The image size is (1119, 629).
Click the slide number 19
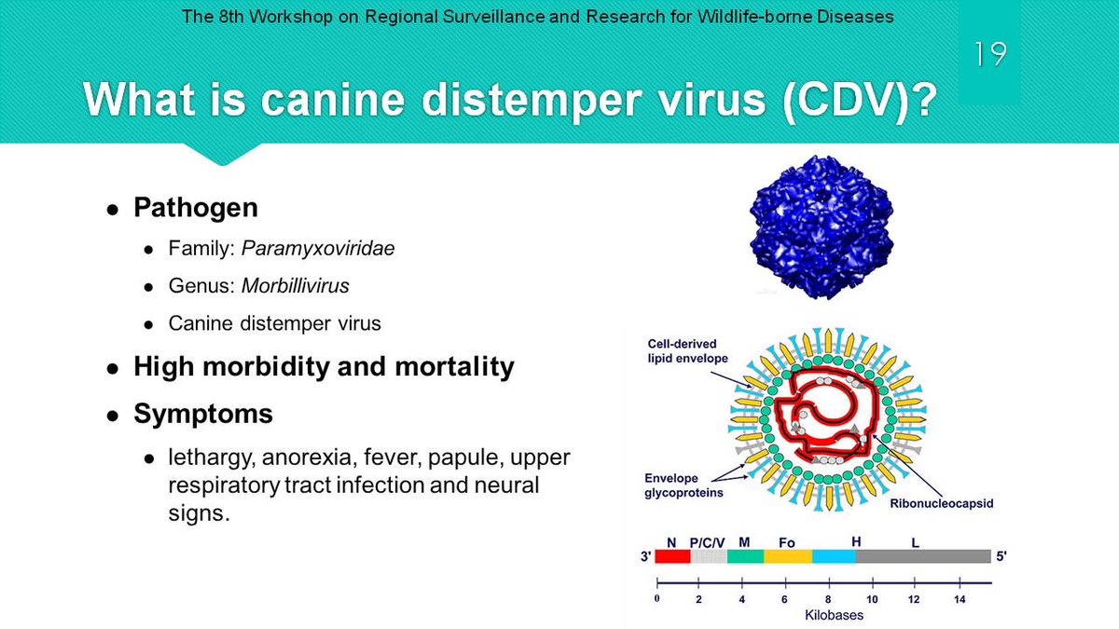coord(990,54)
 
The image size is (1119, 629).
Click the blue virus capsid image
coord(822,227)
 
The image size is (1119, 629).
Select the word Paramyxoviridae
coord(318,248)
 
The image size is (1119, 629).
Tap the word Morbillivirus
coord(296,285)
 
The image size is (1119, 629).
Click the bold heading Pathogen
coord(196,207)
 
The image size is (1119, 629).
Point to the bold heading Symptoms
coord(203,414)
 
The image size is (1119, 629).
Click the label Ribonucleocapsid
coord(942,503)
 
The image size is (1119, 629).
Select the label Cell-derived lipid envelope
coord(688,351)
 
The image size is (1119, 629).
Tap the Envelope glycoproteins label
coord(684,485)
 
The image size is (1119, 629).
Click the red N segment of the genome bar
coord(672,556)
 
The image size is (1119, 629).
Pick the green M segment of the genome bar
coord(745,556)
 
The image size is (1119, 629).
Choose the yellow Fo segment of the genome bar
coord(788,556)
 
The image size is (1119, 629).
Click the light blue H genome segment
coord(835,556)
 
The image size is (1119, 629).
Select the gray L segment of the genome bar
coord(924,556)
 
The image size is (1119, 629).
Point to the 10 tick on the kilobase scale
coord(873,582)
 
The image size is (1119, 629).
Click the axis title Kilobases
coord(834,615)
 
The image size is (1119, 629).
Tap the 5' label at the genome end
coord(1002,556)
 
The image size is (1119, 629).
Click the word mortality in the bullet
coord(455,366)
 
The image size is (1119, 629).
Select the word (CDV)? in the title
coord(860,100)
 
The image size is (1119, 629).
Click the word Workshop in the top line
coord(291,17)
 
